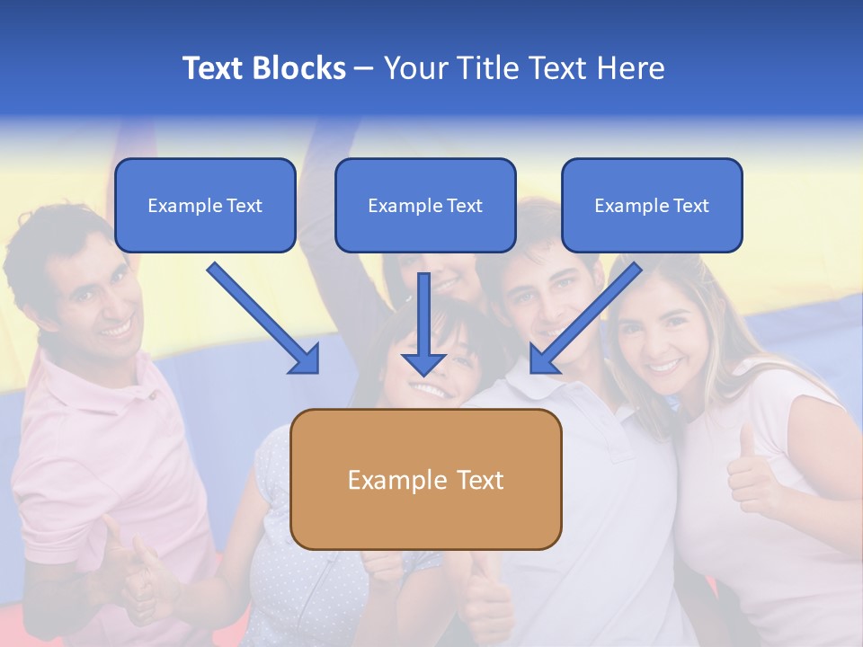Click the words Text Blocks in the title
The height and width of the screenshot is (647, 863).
[x=263, y=68]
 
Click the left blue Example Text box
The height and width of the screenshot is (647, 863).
[x=205, y=205]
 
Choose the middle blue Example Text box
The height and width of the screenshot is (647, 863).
[x=425, y=205]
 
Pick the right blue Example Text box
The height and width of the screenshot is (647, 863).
[x=652, y=205]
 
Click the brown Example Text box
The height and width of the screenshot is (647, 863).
[x=425, y=479]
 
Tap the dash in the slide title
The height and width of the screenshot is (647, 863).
[x=364, y=68]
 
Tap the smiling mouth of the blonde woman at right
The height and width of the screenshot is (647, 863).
[x=665, y=366]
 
